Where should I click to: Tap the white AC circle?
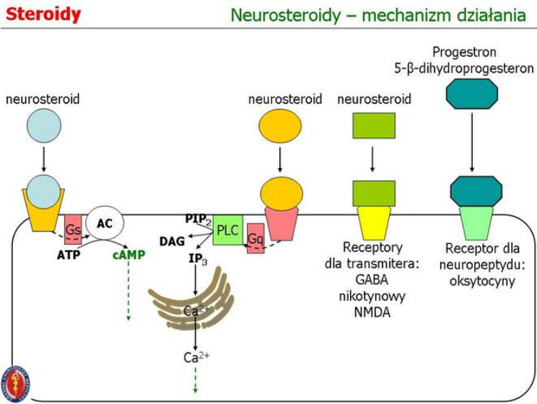105,224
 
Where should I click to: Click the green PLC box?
227,229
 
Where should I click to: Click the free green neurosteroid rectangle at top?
373,126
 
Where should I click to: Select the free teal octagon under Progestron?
472,94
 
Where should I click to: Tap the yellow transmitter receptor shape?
374,221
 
